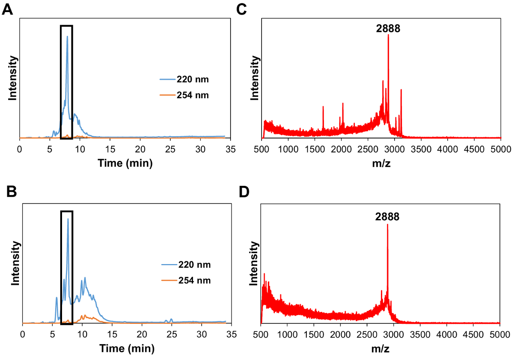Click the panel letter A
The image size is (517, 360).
click(x=7, y=9)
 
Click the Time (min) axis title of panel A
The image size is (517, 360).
click(x=125, y=163)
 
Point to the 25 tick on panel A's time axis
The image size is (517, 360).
click(x=170, y=150)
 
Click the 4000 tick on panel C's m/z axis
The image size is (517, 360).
click(x=448, y=150)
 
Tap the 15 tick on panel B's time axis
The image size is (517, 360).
click(x=112, y=334)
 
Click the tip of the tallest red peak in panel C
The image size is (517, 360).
click(x=389, y=35)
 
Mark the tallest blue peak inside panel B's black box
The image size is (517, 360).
click(x=68, y=219)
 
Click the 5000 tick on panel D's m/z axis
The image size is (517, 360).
click(x=500, y=334)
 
